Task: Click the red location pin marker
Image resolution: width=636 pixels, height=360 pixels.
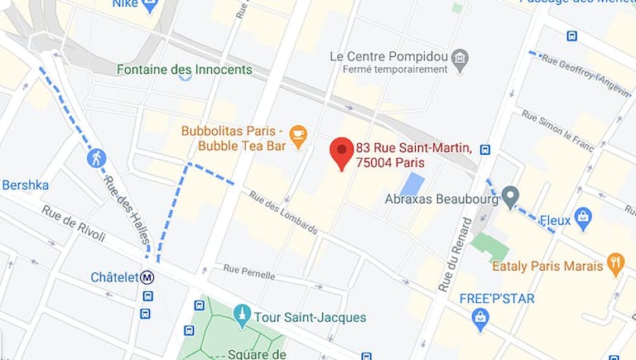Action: [x=341, y=151]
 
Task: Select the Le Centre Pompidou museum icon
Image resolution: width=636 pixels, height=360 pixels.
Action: [x=460, y=58]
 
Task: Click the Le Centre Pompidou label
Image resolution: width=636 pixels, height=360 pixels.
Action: [x=388, y=56]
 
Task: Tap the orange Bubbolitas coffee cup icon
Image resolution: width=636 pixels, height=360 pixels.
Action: [x=298, y=134]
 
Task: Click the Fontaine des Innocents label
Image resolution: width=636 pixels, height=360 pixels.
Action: [x=184, y=70]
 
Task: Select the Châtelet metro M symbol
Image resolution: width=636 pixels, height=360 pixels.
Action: [x=147, y=277]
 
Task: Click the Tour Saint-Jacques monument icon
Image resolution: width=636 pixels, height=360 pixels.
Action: [x=242, y=314]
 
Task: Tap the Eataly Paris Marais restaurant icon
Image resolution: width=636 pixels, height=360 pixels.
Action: [x=615, y=264]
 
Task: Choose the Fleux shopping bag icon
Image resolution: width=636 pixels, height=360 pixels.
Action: [x=583, y=218]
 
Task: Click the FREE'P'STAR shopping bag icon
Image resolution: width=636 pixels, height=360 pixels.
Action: [x=480, y=316]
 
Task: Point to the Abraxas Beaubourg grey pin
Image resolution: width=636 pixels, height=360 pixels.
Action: [x=510, y=197]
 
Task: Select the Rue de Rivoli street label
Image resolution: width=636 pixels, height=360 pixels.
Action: [x=74, y=223]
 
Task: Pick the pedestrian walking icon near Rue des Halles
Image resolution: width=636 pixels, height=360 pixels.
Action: [x=97, y=158]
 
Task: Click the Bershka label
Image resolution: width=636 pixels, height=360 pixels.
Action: [x=25, y=185]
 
